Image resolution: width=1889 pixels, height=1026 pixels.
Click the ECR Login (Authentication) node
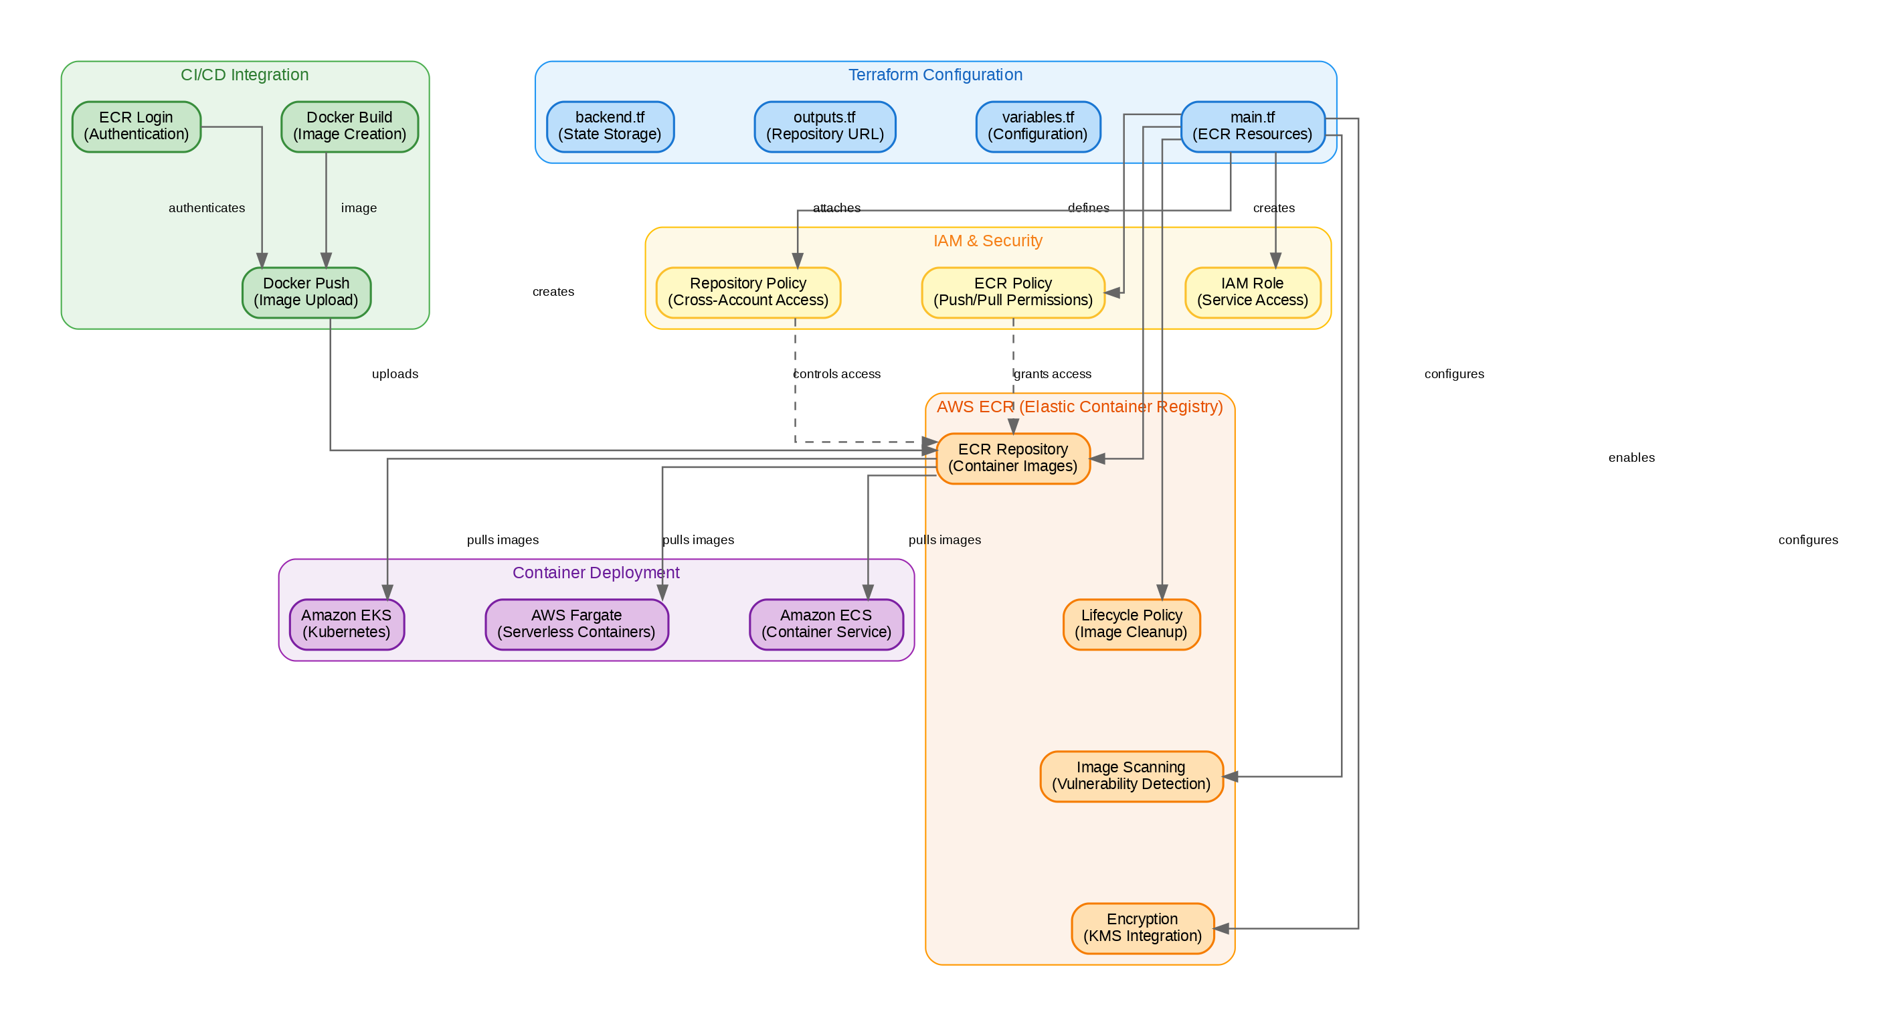137,126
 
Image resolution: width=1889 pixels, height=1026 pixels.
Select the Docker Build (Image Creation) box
349,126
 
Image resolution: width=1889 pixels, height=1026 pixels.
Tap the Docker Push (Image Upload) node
306,292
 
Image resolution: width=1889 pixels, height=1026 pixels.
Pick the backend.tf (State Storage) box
610,126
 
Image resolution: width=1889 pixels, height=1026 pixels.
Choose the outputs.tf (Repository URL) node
825,126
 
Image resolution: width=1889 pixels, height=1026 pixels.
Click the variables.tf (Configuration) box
1038,126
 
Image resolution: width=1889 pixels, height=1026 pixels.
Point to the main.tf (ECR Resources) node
1253,126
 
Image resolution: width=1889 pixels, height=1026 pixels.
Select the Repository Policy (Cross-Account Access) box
748,292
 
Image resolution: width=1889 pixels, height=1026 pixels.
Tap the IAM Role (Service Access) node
1253,292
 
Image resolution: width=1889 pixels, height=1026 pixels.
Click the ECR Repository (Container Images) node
1012,458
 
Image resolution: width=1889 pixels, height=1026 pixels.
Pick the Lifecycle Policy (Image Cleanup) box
1132,624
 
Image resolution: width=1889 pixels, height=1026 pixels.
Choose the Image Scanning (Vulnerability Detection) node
1132,776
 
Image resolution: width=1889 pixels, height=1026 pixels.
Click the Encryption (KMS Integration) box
1142,928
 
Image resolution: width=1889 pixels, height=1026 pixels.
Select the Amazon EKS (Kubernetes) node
346,624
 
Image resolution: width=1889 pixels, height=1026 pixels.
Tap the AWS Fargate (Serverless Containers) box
576,624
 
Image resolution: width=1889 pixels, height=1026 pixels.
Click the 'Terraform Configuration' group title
935,75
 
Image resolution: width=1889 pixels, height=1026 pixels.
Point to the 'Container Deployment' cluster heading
596,573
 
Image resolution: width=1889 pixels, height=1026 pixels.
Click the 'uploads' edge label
395,374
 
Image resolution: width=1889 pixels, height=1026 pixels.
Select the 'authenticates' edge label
207,208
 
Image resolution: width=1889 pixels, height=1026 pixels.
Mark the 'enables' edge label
1631,458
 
